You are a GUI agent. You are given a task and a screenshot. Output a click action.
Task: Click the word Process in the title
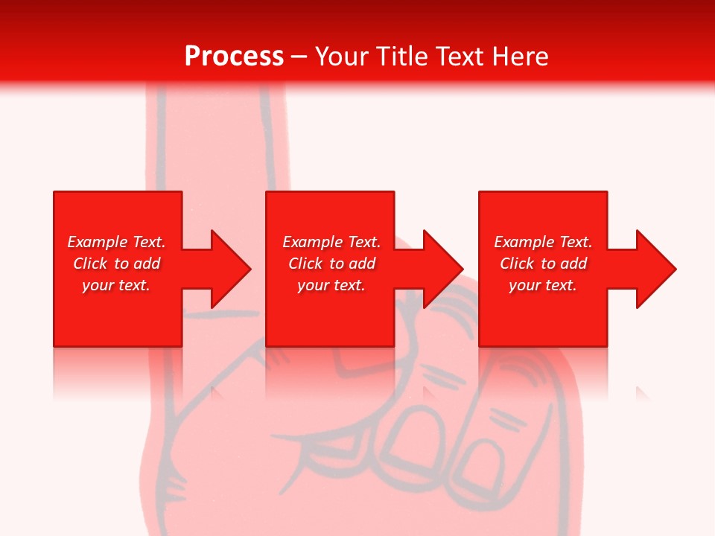(234, 57)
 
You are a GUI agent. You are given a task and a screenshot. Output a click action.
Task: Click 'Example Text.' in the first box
(116, 242)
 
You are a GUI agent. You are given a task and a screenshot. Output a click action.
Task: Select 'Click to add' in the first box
(116, 264)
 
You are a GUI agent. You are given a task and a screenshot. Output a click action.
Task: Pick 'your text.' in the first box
(116, 285)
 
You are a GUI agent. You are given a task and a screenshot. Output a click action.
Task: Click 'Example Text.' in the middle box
(331, 242)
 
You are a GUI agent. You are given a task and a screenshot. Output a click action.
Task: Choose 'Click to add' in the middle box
(331, 264)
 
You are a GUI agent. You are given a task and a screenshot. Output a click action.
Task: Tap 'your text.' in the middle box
(331, 285)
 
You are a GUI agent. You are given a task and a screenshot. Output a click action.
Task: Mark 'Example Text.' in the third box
(543, 242)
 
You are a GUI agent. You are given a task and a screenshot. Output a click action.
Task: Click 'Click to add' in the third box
(543, 264)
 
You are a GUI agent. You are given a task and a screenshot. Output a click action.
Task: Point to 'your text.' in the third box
(543, 285)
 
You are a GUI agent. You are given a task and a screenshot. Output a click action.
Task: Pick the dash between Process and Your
(299, 57)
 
